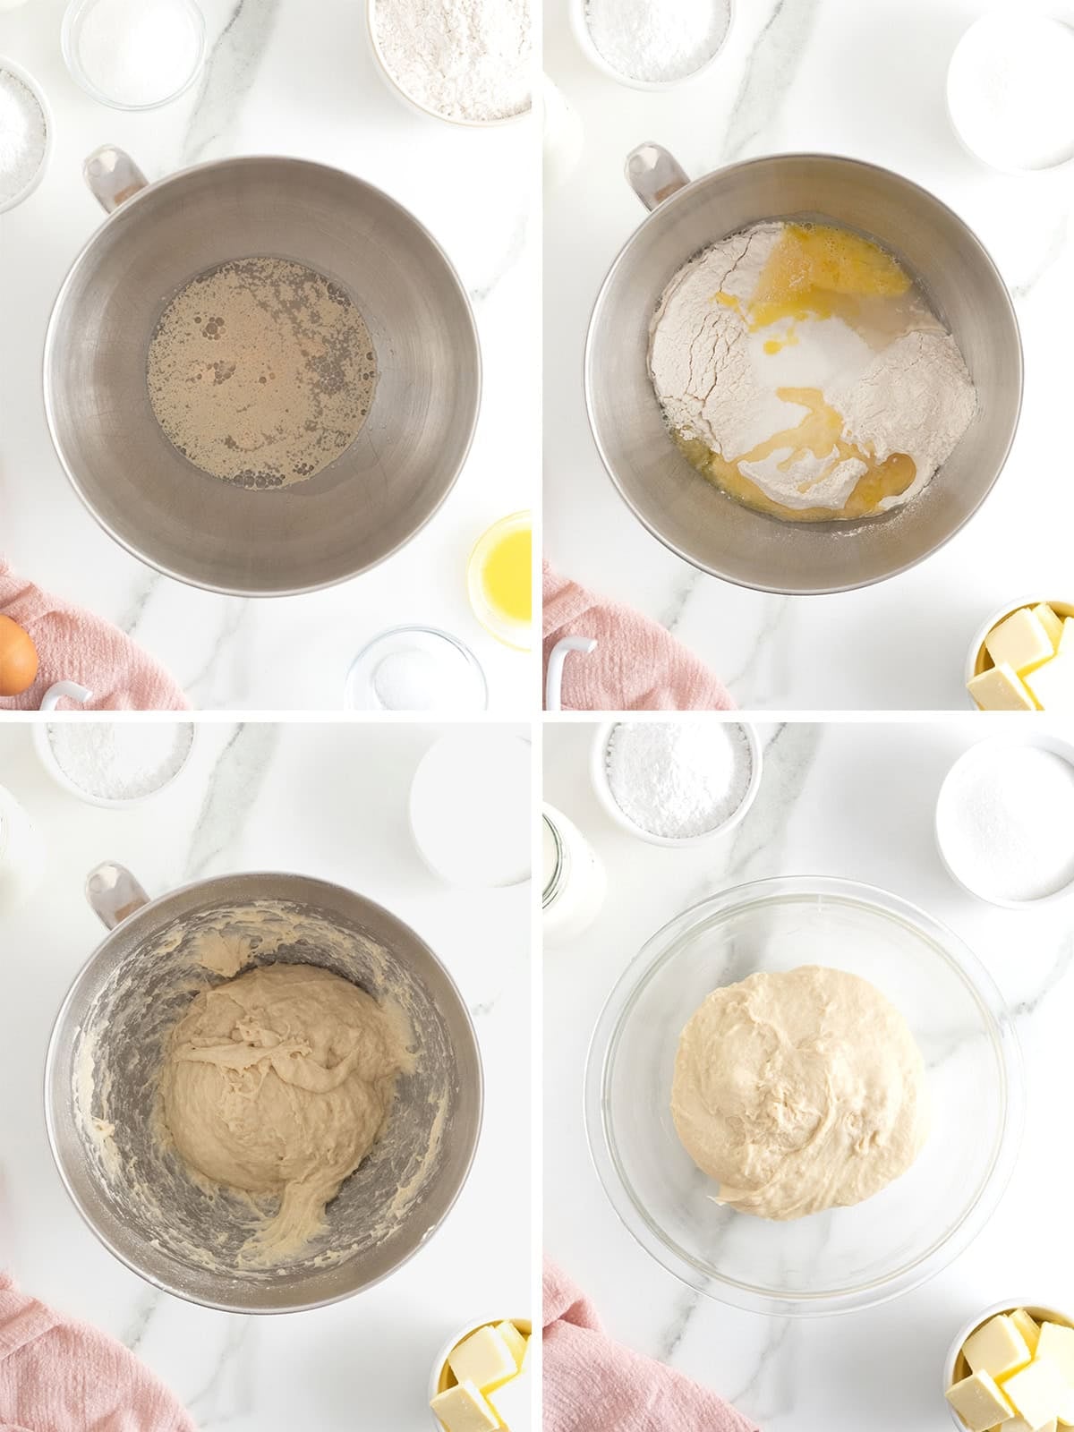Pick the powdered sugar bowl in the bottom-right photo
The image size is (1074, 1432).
pyautogui.click(x=676, y=779)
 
